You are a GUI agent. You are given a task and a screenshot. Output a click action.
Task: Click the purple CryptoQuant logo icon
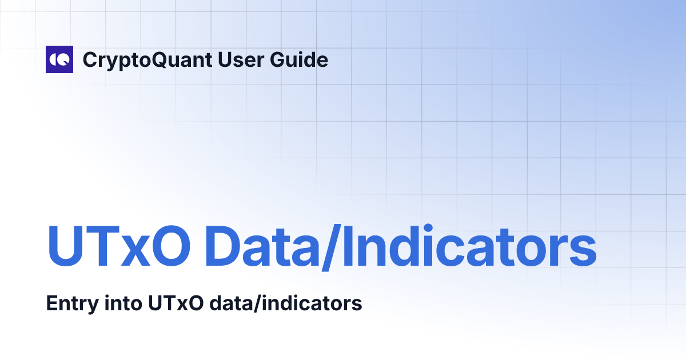(59, 59)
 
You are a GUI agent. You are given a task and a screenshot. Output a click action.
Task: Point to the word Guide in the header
(299, 59)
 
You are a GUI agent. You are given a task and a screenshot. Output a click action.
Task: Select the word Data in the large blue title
(259, 246)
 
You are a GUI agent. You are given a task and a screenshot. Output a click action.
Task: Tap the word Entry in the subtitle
(67, 303)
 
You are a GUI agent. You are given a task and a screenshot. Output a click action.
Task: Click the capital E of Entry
(51, 303)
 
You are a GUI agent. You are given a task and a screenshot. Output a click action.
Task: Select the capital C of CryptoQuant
(89, 59)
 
